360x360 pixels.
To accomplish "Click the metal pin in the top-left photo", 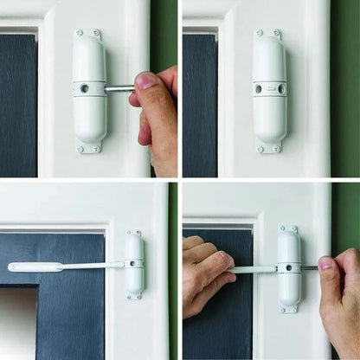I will [119, 88].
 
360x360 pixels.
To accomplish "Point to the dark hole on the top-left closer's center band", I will [85, 88].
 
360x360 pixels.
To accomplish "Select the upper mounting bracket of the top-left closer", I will [87, 34].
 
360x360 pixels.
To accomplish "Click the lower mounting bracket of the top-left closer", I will [88, 149].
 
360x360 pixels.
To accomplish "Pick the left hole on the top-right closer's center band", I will [257, 88].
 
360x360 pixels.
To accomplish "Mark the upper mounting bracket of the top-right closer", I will [268, 34].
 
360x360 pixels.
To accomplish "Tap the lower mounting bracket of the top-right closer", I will [269, 148].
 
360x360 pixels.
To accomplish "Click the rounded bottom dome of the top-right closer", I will [269, 130].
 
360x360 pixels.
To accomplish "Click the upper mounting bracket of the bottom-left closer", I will [134, 233].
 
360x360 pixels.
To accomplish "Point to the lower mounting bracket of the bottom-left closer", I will [134, 297].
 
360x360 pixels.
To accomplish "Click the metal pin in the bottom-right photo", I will [309, 267].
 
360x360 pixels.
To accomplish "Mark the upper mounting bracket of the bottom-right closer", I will [288, 229].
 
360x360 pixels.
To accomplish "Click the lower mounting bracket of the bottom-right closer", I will [289, 307].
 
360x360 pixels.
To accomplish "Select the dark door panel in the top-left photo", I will [17, 104].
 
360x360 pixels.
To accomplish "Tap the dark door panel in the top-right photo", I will [199, 104].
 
